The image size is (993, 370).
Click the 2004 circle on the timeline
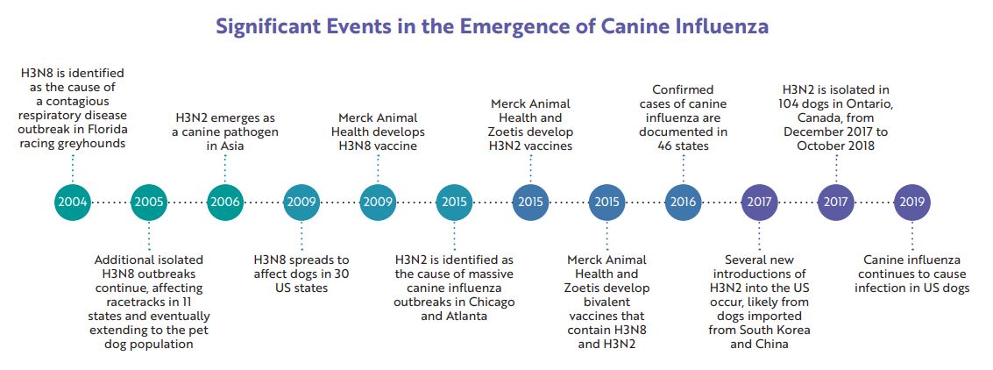[x=73, y=203]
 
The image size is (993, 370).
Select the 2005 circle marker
[x=149, y=203]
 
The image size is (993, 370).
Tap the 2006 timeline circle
[x=225, y=203]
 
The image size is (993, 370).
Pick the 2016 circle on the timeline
[x=683, y=203]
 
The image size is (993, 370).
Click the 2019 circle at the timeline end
[x=911, y=203]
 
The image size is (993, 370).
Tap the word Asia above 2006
[x=225, y=146]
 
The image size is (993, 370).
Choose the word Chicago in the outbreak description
[x=493, y=302]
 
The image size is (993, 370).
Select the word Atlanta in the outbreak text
[x=468, y=316]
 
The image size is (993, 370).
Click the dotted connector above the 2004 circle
[x=73, y=167]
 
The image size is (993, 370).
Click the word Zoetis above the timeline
[x=507, y=132]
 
